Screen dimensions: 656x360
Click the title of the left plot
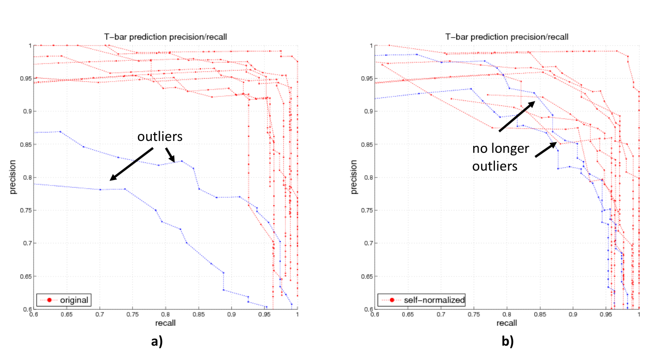pos(166,37)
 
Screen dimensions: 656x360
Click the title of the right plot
pos(507,37)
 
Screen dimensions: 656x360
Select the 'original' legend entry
pos(64,300)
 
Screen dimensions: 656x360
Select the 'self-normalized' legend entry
pos(421,300)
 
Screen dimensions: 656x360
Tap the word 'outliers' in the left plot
pos(160,136)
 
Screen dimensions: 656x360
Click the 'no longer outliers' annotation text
pos(500,157)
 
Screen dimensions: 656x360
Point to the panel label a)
pos(157,342)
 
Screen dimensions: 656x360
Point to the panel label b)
pos(508,342)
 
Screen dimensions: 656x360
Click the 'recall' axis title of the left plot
pos(166,323)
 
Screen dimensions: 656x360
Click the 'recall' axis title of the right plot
pos(507,323)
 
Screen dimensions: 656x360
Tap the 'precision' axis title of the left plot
pos(12,177)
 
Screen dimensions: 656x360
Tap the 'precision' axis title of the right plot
pos(353,177)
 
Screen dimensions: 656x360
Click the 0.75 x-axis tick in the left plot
pos(132,315)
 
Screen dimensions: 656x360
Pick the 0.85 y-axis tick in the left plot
pos(26,144)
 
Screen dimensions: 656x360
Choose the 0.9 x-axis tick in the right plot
pos(573,315)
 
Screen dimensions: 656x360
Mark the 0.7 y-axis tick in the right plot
pos(368,243)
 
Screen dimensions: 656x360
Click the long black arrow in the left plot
pos(131,164)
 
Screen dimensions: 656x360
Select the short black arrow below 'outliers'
pos(171,155)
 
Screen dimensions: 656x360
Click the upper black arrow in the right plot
pos(517,116)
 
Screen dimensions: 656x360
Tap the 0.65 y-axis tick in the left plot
pos(26,276)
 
